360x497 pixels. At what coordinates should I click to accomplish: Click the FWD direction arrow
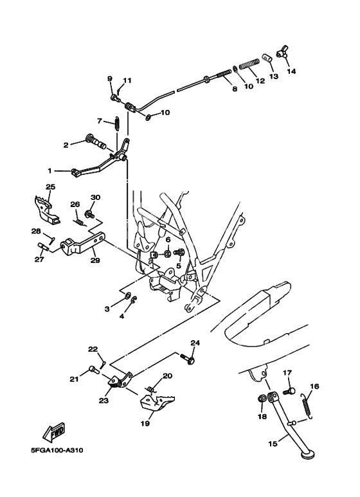(x=54, y=431)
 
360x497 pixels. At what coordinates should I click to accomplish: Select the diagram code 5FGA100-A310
(x=57, y=450)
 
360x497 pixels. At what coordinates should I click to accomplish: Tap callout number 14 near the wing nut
(x=291, y=71)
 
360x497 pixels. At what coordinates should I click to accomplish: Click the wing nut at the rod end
(x=282, y=53)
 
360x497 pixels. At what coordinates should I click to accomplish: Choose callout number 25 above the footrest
(x=50, y=187)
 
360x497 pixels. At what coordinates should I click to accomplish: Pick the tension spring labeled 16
(x=307, y=406)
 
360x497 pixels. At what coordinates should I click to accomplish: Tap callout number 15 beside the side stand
(x=273, y=443)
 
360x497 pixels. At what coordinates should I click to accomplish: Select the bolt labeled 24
(x=188, y=359)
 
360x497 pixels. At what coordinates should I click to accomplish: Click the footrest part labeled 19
(x=157, y=404)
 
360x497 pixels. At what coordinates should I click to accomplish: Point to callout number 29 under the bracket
(x=95, y=260)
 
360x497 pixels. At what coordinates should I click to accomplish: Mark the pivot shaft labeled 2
(x=96, y=143)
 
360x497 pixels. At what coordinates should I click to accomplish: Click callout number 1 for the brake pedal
(x=50, y=171)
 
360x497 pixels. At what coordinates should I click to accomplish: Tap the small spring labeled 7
(x=117, y=123)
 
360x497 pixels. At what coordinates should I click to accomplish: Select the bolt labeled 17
(x=289, y=391)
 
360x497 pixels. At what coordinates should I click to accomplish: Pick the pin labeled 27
(x=44, y=246)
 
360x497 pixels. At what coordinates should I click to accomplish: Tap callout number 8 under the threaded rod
(x=235, y=89)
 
